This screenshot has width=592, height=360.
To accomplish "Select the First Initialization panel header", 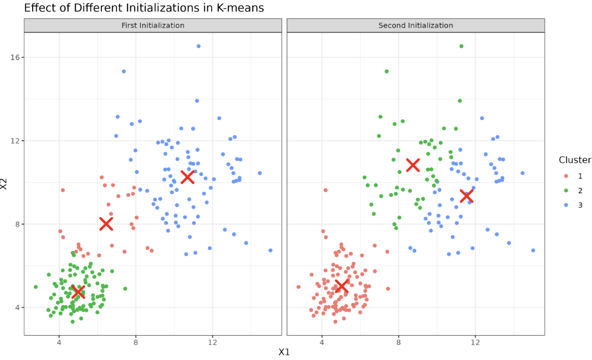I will (x=153, y=25).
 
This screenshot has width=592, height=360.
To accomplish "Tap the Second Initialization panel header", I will (x=416, y=25).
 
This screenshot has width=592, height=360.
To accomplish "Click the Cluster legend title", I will (x=575, y=160).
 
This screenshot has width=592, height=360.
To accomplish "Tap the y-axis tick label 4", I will (x=17, y=307).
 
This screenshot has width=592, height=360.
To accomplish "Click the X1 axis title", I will (x=284, y=352).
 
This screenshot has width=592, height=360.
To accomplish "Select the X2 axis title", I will (x=5, y=184).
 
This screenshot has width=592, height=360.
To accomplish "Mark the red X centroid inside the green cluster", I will (x=78, y=292).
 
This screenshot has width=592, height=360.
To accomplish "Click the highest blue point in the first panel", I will (x=198, y=46).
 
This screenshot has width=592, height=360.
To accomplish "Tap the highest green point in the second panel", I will (x=461, y=46).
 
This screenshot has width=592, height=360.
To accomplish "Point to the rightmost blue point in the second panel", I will (x=533, y=250).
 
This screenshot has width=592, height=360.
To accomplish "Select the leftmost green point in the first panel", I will (x=35, y=287).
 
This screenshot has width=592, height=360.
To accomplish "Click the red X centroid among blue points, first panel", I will (x=187, y=177).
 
